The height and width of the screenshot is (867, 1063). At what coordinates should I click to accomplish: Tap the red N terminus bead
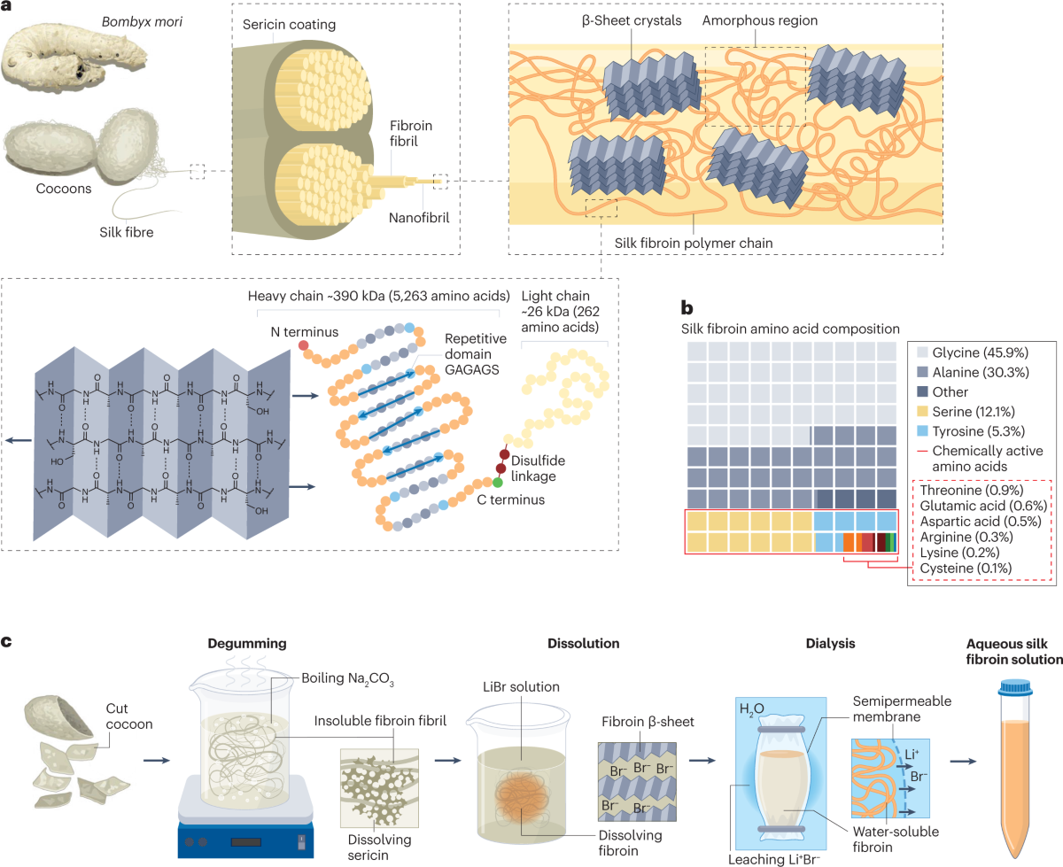click(x=305, y=344)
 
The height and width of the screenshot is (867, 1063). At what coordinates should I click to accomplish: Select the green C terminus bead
click(x=498, y=482)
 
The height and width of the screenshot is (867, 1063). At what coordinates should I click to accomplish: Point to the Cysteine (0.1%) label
click(x=966, y=568)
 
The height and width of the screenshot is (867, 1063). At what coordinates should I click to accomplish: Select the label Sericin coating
click(x=289, y=24)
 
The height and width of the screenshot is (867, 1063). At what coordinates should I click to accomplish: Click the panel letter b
click(x=687, y=306)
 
